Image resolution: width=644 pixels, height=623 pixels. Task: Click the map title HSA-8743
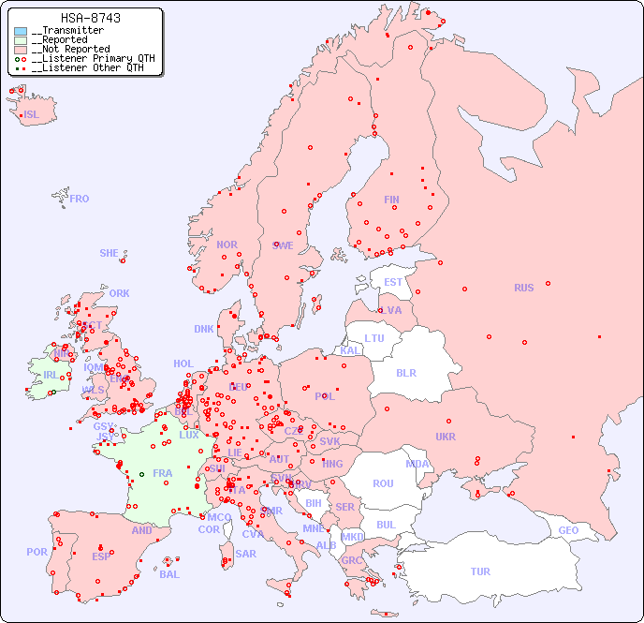[x=90, y=18]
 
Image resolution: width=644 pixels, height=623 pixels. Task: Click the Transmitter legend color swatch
[x=21, y=31]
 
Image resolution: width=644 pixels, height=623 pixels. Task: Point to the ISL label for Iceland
[x=32, y=115]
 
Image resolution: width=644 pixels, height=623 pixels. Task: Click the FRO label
[x=80, y=199]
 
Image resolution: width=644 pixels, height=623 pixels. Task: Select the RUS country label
[x=523, y=288]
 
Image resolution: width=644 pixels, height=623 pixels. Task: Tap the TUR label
[x=480, y=571]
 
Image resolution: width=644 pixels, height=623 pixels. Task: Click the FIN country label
[x=391, y=200]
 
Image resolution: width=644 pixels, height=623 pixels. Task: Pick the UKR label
[x=446, y=437]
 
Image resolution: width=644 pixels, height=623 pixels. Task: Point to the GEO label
[x=568, y=530]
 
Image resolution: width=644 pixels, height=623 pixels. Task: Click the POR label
[x=37, y=552]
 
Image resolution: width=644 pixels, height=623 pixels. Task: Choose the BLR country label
[x=405, y=372]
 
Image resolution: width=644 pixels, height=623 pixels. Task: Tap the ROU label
[x=383, y=483]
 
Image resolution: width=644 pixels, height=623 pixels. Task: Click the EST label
[x=393, y=282]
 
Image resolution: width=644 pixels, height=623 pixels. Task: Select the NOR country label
[x=227, y=245]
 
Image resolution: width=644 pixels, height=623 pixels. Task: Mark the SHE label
[x=109, y=253]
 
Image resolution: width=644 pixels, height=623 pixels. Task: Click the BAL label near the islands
[x=169, y=574]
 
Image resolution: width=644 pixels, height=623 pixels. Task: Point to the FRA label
[x=163, y=473]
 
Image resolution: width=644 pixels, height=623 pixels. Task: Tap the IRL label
[x=50, y=375]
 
